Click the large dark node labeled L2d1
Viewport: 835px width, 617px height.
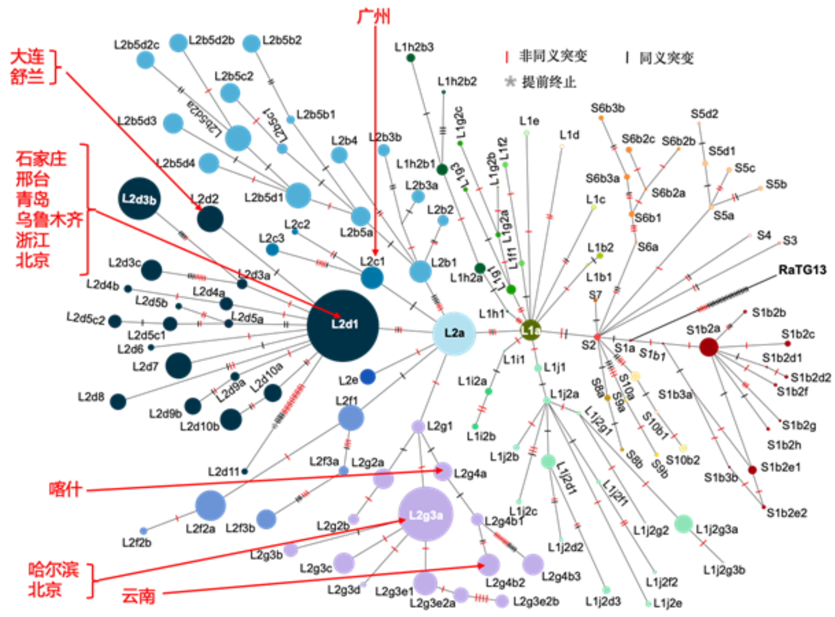pyautogui.click(x=343, y=325)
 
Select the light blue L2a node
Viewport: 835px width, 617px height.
pyautogui.click(x=454, y=334)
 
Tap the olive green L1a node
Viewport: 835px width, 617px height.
pyautogui.click(x=530, y=330)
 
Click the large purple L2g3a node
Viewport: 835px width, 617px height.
pyautogui.click(x=425, y=514)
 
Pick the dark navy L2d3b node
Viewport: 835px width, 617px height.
pyautogui.click(x=139, y=199)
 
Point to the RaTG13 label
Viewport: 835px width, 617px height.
pyautogui.click(x=802, y=270)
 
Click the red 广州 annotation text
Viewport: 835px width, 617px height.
pyautogui.click(x=374, y=16)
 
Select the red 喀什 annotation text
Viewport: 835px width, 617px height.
pyautogui.click(x=65, y=489)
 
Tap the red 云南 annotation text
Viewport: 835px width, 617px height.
pyautogui.click(x=138, y=596)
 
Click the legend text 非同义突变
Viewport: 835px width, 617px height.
pyautogui.click(x=553, y=56)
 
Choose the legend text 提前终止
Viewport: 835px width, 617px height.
pyautogui.click(x=549, y=82)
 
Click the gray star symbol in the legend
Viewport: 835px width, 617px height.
pyautogui.click(x=510, y=82)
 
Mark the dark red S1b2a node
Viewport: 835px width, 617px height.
pyautogui.click(x=709, y=347)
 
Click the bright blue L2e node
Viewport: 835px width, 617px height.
pyautogui.click(x=367, y=377)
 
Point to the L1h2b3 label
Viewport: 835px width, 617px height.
pyautogui.click(x=414, y=47)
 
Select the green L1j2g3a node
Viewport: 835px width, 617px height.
pyautogui.click(x=683, y=523)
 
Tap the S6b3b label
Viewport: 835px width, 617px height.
pyautogui.click(x=607, y=108)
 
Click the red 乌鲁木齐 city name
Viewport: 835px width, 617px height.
pyautogui.click(x=49, y=220)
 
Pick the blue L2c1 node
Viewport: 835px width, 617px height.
pyautogui.click(x=372, y=278)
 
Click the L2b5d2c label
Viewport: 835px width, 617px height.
pyautogui.click(x=136, y=45)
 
